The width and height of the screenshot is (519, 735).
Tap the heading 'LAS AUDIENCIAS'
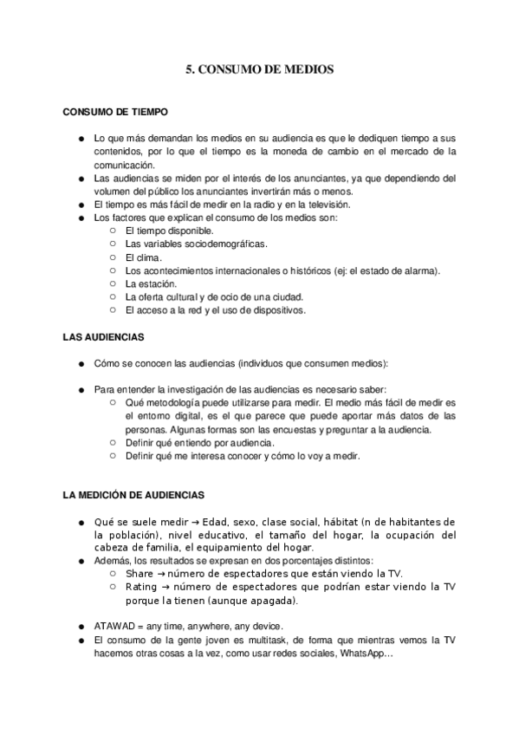[103, 335]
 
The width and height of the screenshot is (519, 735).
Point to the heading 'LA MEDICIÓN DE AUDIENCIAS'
[133, 495]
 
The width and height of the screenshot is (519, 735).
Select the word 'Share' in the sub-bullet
[139, 574]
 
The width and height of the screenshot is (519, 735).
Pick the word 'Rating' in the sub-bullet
[141, 587]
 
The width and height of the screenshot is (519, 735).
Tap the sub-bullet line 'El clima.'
[144, 257]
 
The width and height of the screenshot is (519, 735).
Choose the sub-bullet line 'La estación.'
[151, 283]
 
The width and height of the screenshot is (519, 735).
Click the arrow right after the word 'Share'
[161, 574]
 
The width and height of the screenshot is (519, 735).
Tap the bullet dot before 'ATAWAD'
[81, 626]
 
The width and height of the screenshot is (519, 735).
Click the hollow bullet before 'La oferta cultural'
[114, 296]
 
